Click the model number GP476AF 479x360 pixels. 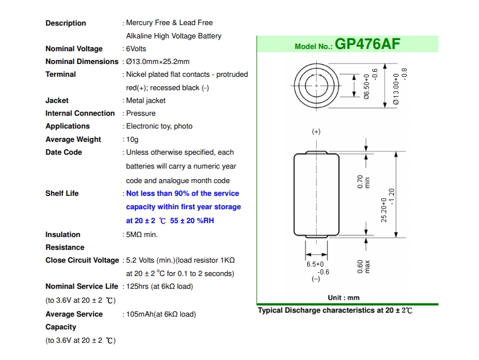(368, 45)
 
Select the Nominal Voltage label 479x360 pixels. (74, 49)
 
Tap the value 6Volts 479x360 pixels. (136, 49)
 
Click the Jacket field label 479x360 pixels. (57, 101)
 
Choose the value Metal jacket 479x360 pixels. (146, 101)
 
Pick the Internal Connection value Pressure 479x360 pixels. (141, 114)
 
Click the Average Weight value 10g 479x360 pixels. (132, 140)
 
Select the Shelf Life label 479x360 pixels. (62, 194)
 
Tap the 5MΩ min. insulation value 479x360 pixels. (142, 235)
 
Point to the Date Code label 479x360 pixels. (64, 152)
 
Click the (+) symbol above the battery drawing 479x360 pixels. (316, 132)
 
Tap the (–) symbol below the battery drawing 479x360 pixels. (315, 279)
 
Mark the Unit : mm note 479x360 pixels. (344, 298)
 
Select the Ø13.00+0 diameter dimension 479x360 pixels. (397, 89)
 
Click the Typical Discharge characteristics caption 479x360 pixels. (335, 310)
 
